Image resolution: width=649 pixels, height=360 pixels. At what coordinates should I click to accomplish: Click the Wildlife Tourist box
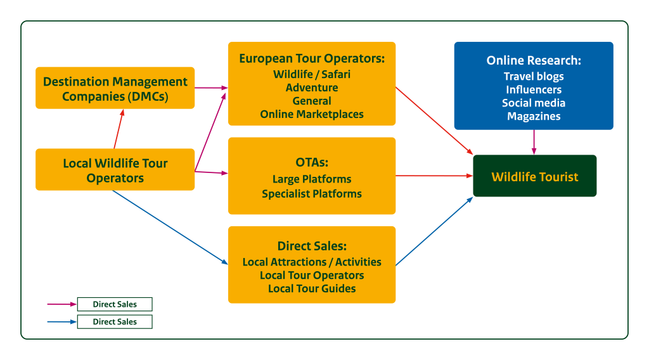tap(534, 176)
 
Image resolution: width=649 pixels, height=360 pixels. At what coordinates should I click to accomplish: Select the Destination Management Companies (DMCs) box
tap(115, 89)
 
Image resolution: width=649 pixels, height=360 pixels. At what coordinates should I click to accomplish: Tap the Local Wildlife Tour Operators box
tap(115, 170)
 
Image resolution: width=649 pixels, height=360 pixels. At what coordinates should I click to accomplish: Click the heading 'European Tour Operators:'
tap(312, 59)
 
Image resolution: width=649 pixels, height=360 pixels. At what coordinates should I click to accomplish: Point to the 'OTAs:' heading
tap(312, 162)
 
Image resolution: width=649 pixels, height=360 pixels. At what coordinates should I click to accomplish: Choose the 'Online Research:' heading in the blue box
tap(534, 61)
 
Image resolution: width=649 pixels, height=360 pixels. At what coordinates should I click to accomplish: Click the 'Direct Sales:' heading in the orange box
tap(312, 247)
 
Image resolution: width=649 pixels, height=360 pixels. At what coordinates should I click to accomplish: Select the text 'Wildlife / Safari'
tap(312, 74)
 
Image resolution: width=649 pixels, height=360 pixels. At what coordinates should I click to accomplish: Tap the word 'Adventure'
tap(312, 87)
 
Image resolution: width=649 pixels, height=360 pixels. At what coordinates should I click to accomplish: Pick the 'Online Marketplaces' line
tap(312, 114)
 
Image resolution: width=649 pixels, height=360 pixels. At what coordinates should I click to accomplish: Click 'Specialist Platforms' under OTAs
tap(312, 193)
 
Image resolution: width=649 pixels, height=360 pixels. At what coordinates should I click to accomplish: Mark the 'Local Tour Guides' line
tap(312, 288)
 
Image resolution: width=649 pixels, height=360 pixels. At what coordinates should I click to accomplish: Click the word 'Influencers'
tap(534, 89)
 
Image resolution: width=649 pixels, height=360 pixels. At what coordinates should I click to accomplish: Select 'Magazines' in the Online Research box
tap(534, 116)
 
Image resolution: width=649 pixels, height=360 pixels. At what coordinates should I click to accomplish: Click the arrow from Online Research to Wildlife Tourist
tap(534, 142)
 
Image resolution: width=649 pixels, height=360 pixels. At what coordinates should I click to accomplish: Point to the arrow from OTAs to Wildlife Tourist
tap(434, 176)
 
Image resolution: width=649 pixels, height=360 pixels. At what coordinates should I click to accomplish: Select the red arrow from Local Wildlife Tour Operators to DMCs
tap(119, 129)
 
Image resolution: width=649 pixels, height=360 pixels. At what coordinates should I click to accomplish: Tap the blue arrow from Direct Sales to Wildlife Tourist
tap(435, 231)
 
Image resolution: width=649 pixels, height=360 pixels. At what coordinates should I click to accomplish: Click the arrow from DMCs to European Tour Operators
tap(211, 88)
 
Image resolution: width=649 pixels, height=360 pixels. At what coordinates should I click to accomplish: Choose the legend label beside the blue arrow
tap(115, 322)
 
